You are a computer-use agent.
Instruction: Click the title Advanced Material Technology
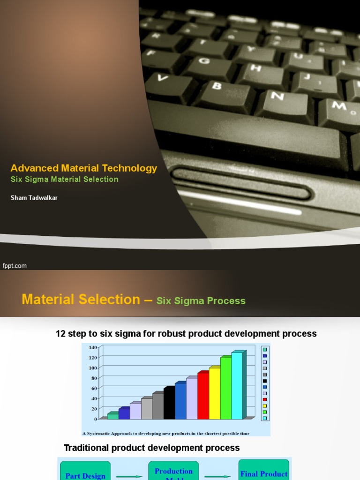tap(84, 168)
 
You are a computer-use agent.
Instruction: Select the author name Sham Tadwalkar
tap(34, 198)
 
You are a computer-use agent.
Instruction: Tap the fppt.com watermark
tap(15, 266)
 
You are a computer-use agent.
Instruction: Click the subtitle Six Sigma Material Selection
tap(64, 180)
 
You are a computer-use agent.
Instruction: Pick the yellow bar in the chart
tap(215, 394)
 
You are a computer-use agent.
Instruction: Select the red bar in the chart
tap(203, 396)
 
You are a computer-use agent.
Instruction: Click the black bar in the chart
tap(169, 403)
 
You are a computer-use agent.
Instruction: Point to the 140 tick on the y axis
tap(92, 347)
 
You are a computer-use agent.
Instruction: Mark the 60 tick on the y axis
tap(93, 388)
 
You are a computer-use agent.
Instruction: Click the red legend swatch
tap(265, 400)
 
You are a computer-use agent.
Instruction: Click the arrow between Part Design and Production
tap(129, 476)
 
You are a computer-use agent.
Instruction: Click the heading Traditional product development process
tap(151, 448)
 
